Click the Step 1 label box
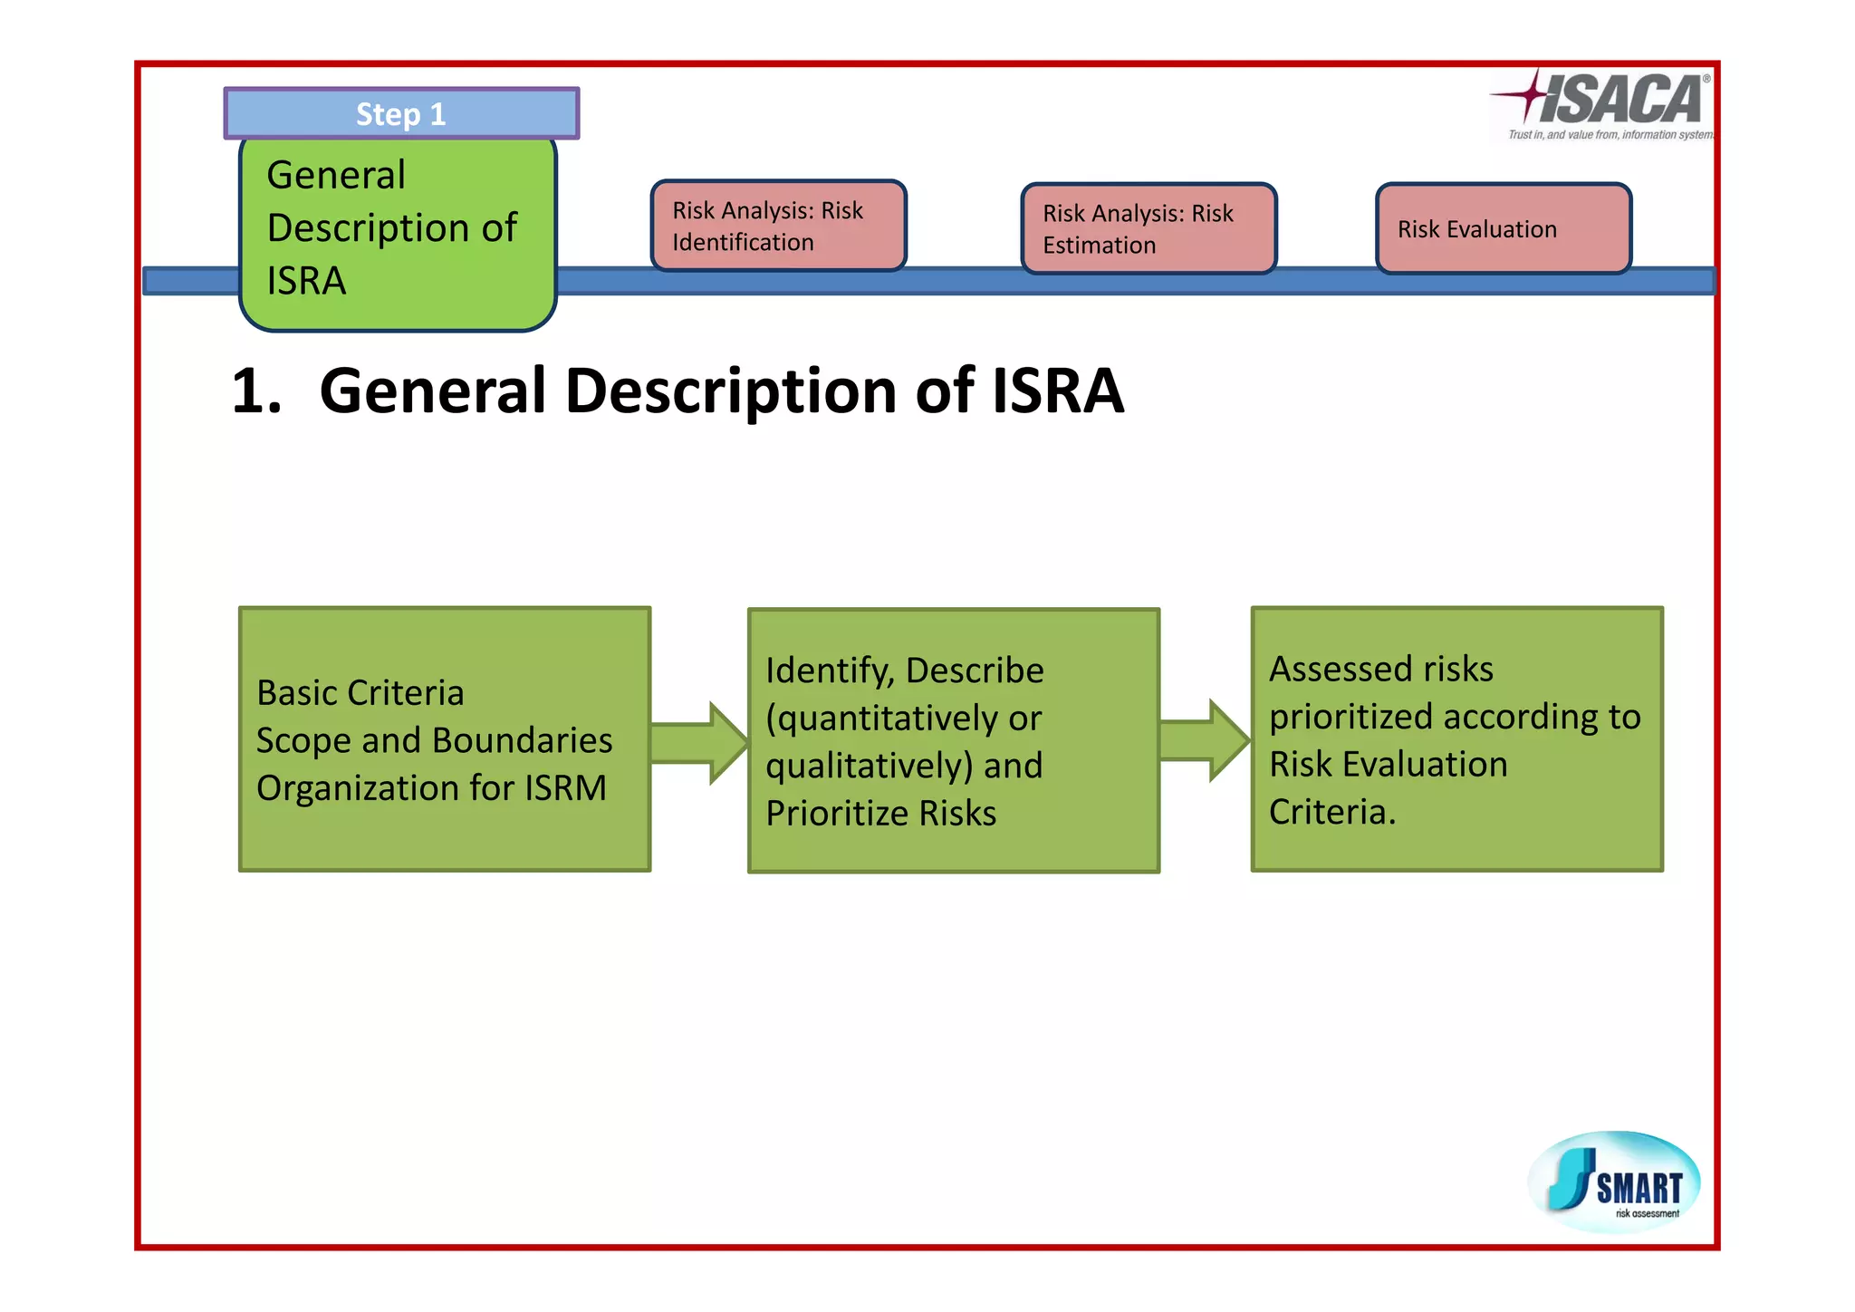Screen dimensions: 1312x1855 401,114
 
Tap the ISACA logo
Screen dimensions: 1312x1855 1603,104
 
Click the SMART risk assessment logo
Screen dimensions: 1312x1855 1615,1182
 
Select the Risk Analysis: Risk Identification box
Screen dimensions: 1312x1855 778,226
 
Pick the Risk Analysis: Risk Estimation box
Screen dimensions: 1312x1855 1149,228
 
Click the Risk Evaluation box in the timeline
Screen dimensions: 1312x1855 1503,228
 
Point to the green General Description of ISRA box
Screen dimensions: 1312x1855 397,231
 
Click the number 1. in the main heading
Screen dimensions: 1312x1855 256,391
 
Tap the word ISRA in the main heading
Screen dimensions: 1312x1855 1058,391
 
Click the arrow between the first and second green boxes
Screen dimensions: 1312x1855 698,743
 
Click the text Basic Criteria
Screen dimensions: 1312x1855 360,693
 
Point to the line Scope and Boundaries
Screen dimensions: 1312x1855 434,740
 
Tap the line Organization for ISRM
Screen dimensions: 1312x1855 431,788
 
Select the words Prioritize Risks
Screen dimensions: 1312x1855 880,813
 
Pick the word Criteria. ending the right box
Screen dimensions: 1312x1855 1331,812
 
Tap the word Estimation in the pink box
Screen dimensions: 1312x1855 1099,246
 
